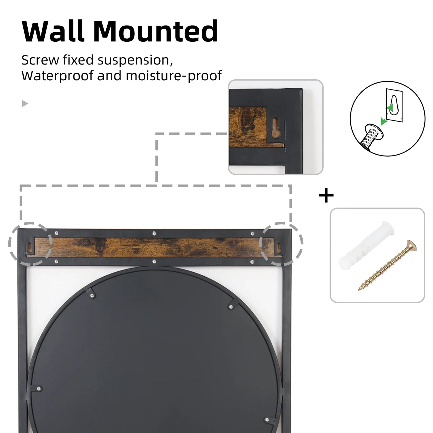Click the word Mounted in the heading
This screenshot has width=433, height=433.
(156, 31)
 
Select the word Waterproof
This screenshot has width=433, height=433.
(57, 76)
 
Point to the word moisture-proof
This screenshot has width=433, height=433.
(173, 76)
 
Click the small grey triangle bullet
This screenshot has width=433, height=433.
(25, 104)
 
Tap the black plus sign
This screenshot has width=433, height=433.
(326, 196)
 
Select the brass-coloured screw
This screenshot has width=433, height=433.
(388, 265)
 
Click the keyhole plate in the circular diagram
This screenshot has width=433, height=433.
(394, 106)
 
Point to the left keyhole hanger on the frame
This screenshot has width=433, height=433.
(30, 246)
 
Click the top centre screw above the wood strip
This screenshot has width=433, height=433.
(154, 233)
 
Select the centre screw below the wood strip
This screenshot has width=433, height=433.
(154, 262)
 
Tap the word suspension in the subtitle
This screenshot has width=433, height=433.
(135, 61)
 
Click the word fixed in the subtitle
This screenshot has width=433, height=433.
(78, 60)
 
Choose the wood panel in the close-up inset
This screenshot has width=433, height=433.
(248, 124)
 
